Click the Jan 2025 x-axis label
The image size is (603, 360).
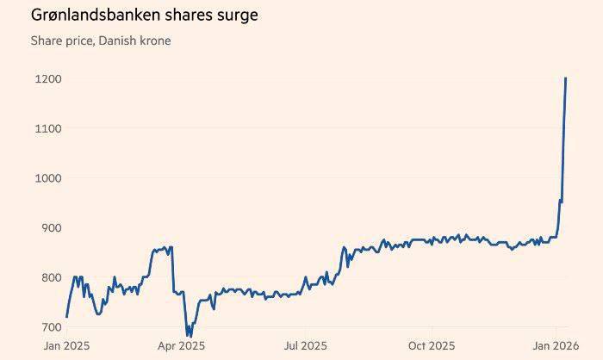point(66,346)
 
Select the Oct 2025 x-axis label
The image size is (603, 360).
point(432,346)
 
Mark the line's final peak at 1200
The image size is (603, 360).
point(565,78)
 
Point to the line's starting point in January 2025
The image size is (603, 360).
point(66,317)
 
